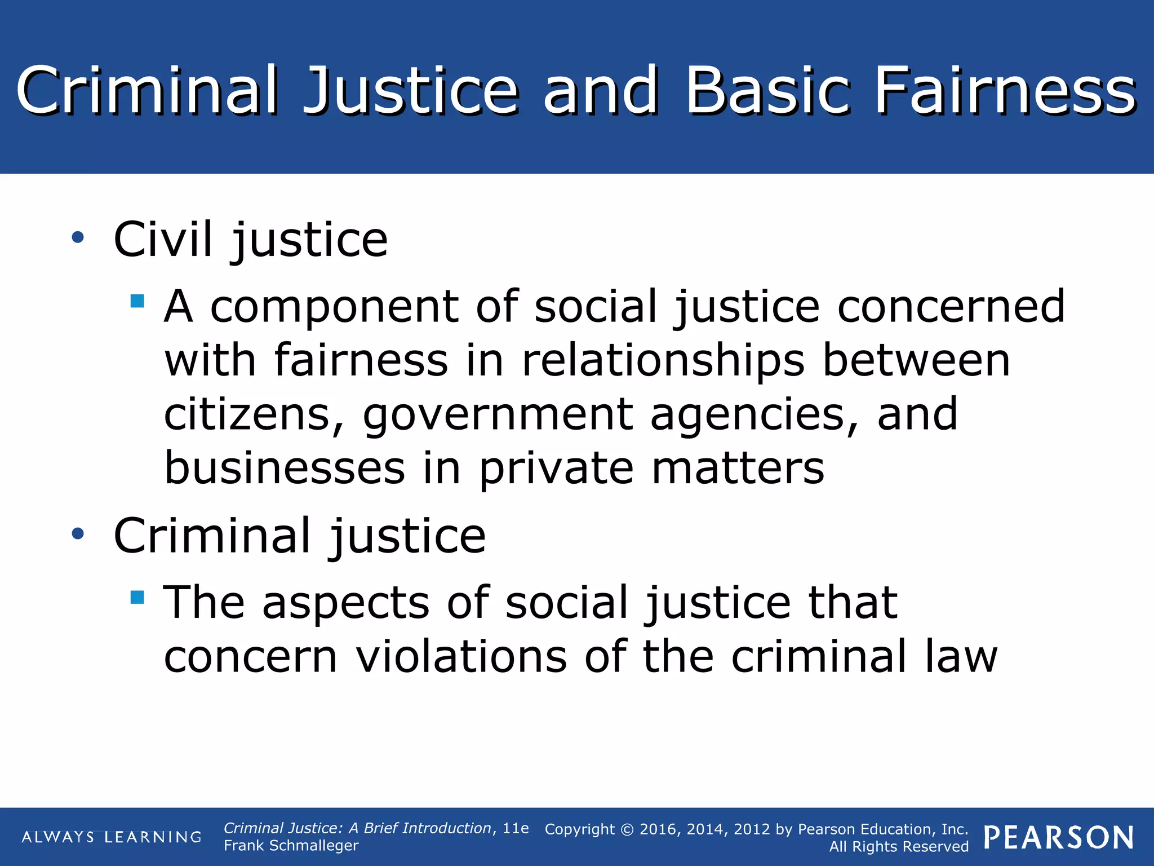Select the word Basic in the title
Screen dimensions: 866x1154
click(767, 90)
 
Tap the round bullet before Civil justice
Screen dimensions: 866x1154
click(78, 237)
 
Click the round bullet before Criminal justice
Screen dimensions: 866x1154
click(78, 533)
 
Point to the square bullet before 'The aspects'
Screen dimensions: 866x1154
click(137, 597)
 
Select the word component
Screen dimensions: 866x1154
click(334, 307)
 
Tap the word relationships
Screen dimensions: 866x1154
click(663, 361)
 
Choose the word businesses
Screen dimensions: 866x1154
click(285, 468)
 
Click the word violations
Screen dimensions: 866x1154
click(461, 656)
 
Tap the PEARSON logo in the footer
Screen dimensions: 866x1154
click(1059, 838)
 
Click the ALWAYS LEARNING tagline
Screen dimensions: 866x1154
click(112, 837)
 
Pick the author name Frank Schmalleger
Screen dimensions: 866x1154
click(291, 846)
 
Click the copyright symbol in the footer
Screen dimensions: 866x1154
click(627, 829)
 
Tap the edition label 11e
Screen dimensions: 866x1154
click(516, 828)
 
